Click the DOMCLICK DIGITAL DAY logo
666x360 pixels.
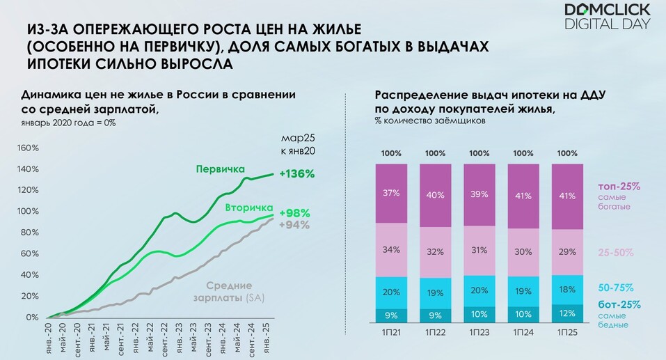pyautogui.click(x=607, y=17)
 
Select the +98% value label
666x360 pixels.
pyautogui.click(x=294, y=213)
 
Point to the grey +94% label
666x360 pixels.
pyautogui.click(x=294, y=224)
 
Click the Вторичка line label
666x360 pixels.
pyautogui.click(x=247, y=208)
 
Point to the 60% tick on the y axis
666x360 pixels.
pyautogui.click(x=29, y=253)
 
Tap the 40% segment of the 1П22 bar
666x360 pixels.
pyautogui.click(x=436, y=195)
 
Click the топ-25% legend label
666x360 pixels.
pyautogui.click(x=618, y=187)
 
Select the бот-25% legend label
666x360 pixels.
pyautogui.click(x=619, y=304)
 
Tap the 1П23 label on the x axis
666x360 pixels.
pyautogui.click(x=480, y=334)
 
